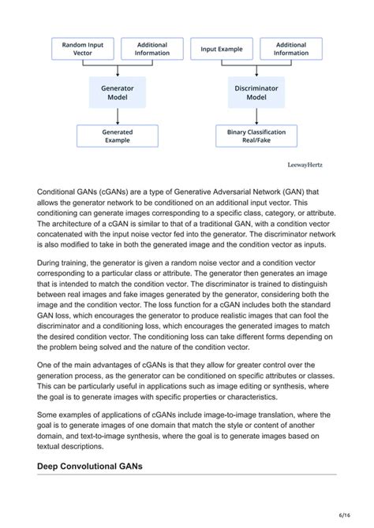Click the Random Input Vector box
[x=83, y=49]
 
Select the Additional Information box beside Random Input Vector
[x=152, y=49]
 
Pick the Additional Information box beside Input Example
[x=291, y=49]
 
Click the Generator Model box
[x=118, y=93]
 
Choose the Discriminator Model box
[x=256, y=93]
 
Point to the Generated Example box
[x=118, y=136]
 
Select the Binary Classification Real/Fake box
[x=256, y=136]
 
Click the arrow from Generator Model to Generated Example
[x=118, y=117]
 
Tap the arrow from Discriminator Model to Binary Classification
[x=256, y=117]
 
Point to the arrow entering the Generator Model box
[x=118, y=71]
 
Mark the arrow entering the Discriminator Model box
[x=256, y=71]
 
